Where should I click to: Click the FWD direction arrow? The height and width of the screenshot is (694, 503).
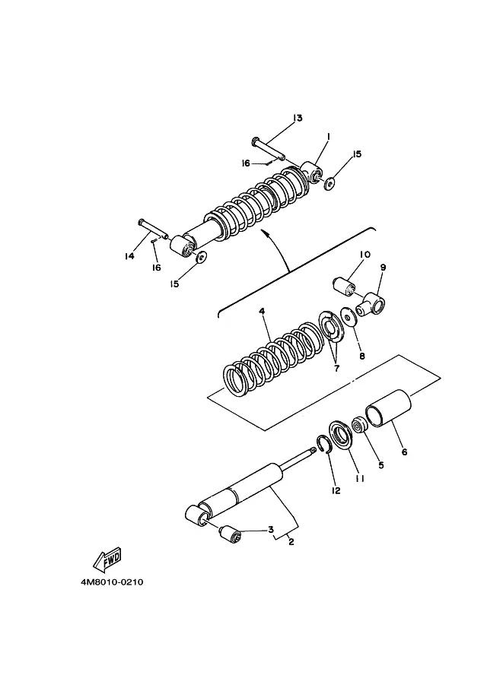pyautogui.click(x=107, y=559)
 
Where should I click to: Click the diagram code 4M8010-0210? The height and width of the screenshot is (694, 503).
pyautogui.click(x=112, y=582)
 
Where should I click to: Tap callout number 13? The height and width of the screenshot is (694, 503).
pyautogui.click(x=298, y=118)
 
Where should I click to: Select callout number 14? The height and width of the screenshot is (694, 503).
pyautogui.click(x=129, y=256)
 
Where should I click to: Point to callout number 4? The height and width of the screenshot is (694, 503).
pyautogui.click(x=262, y=312)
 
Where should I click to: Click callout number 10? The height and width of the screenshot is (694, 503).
pyautogui.click(x=365, y=255)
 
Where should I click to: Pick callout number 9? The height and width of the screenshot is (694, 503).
pyautogui.click(x=384, y=268)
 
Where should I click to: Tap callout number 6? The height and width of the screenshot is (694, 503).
pyautogui.click(x=404, y=452)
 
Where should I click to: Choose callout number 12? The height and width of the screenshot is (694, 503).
pyautogui.click(x=336, y=490)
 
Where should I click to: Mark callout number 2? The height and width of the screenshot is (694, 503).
pyautogui.click(x=291, y=542)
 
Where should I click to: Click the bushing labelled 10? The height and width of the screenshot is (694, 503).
pyautogui.click(x=344, y=285)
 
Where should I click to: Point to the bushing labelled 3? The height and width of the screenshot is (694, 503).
pyautogui.click(x=231, y=534)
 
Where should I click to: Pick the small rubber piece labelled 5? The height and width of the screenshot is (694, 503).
pyautogui.click(x=358, y=424)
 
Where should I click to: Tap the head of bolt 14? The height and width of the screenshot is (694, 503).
pyautogui.click(x=141, y=221)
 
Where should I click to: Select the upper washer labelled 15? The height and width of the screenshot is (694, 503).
pyautogui.click(x=329, y=183)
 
